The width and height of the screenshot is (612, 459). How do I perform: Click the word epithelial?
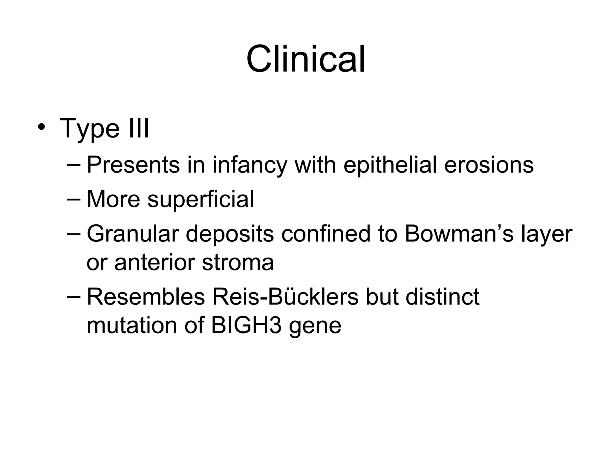pos(390,165)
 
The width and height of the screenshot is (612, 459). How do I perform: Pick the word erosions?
pos(489,165)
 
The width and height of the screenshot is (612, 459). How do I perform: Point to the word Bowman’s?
pos(459,234)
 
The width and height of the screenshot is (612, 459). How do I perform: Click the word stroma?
pos(238,262)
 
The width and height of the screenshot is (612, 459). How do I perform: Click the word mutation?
pos(132,325)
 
